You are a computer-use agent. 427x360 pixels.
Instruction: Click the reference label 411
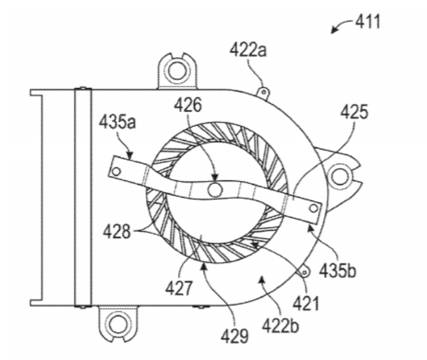368,22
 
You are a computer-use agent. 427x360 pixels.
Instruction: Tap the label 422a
248,50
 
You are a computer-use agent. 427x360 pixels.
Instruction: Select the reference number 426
188,105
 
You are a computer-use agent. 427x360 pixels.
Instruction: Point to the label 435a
117,122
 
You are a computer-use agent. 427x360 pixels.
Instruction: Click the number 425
354,111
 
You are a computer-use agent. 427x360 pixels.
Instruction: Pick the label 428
117,232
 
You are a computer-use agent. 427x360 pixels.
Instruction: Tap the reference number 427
179,288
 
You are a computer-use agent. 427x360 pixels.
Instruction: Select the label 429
234,337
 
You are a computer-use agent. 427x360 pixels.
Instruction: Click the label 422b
280,325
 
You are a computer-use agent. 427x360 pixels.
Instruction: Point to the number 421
306,303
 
